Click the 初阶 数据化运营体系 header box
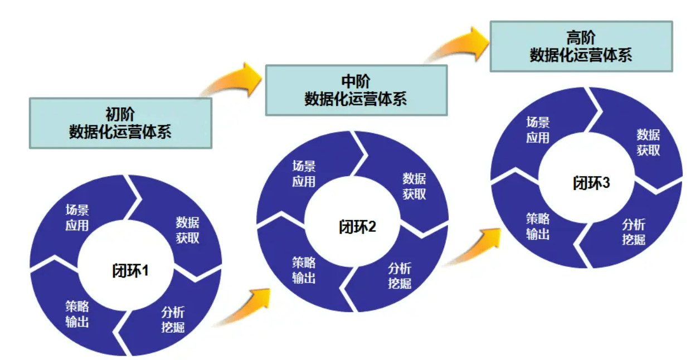(120, 123)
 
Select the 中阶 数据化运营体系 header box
(356, 90)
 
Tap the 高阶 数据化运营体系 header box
(581, 46)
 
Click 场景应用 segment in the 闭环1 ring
(77, 218)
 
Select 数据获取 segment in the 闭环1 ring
(187, 230)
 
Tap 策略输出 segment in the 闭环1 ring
(77, 313)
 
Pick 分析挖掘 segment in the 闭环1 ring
(173, 319)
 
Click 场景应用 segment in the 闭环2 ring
(304, 173)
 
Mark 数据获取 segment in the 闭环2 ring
(414, 186)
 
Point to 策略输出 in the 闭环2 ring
(304, 269)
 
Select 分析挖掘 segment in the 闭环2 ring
(400, 275)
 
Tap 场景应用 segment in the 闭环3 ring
(538, 129)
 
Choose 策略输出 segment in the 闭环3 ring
(538, 225)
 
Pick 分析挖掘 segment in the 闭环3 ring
(634, 231)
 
